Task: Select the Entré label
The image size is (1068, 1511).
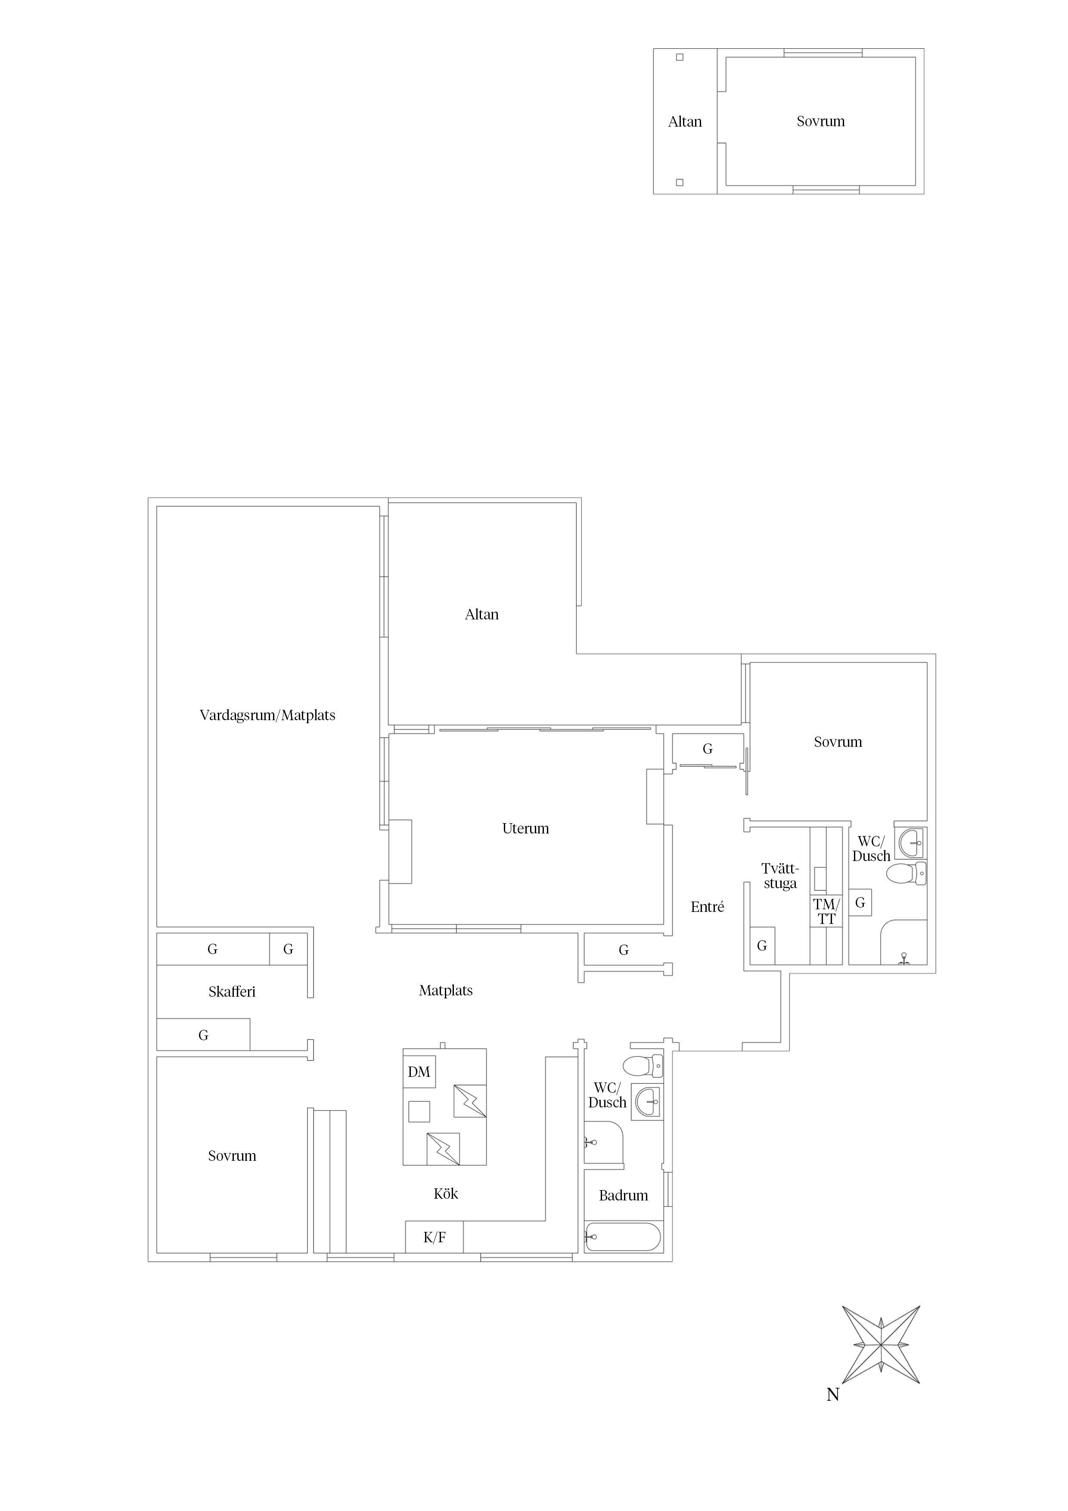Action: (708, 907)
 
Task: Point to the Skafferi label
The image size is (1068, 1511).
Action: (232, 992)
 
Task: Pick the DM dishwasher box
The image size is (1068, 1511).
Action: (419, 1072)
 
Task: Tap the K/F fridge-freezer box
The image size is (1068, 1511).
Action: (435, 1237)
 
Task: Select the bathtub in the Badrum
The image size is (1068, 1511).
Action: (623, 1237)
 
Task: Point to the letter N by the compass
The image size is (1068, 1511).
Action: (833, 1395)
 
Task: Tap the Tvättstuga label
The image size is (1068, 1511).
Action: (780, 876)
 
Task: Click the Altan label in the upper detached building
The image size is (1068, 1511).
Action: (685, 122)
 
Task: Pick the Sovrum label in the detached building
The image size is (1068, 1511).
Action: (820, 121)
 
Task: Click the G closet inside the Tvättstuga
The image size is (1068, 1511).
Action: (762, 946)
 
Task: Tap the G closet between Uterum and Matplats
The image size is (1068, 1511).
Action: (624, 950)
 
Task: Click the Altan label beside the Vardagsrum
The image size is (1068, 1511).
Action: (482, 615)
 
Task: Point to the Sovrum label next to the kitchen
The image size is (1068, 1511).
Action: (232, 1156)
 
